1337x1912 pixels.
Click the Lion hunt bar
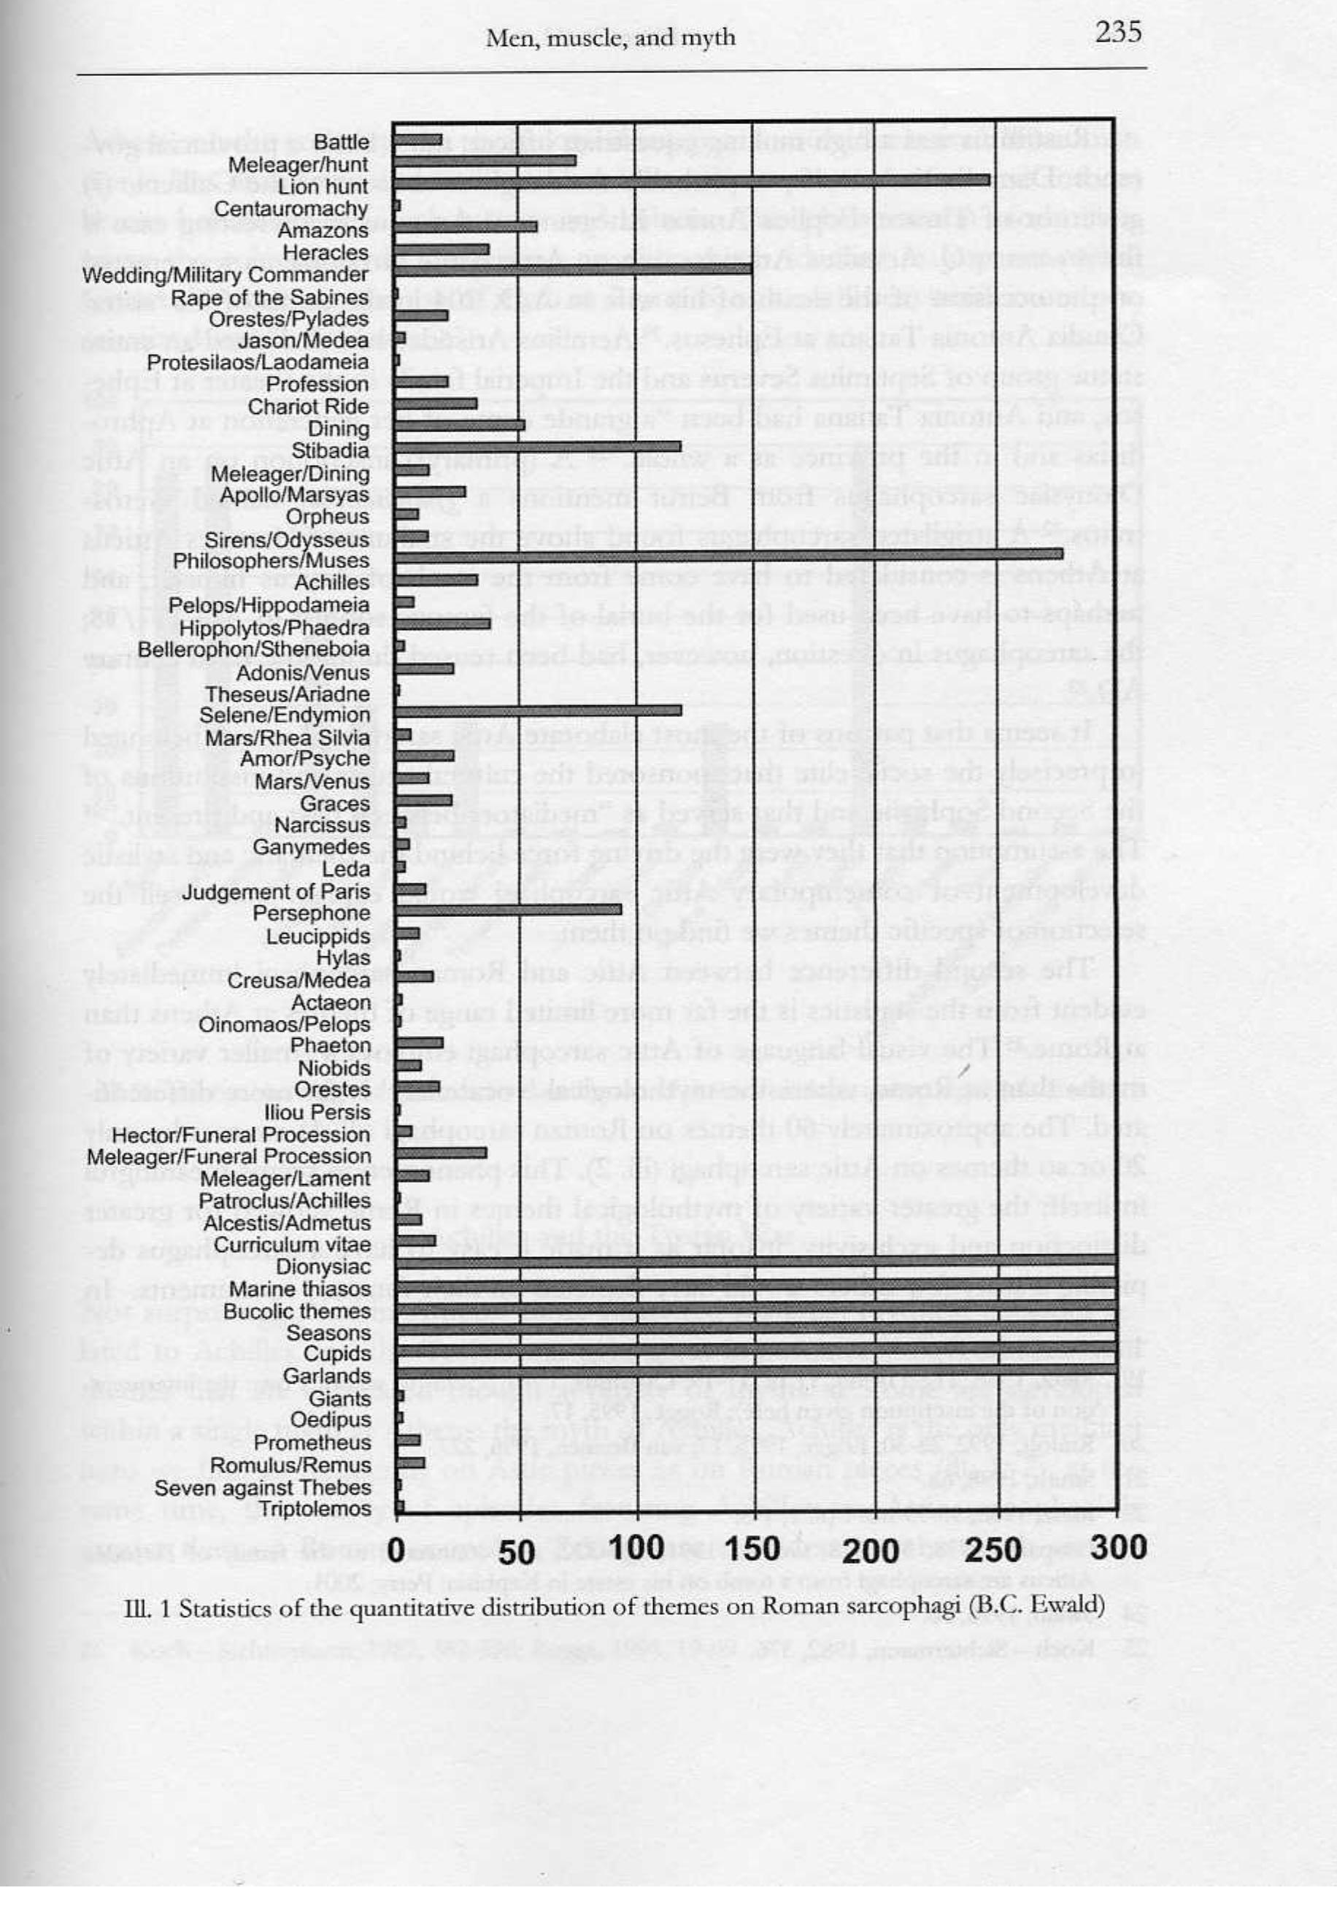(691, 180)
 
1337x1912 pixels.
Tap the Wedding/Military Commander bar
(573, 269)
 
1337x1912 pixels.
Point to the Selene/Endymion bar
(538, 710)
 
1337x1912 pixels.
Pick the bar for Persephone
(508, 910)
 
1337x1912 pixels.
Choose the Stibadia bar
(538, 446)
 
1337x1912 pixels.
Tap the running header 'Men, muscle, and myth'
(610, 37)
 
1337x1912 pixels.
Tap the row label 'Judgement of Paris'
(277, 892)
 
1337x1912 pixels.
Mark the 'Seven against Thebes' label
(262, 1487)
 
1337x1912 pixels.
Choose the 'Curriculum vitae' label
(291, 1244)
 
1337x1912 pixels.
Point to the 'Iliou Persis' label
(317, 1112)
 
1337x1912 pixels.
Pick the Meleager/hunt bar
(485, 159)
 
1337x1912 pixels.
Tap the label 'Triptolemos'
(315, 1509)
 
